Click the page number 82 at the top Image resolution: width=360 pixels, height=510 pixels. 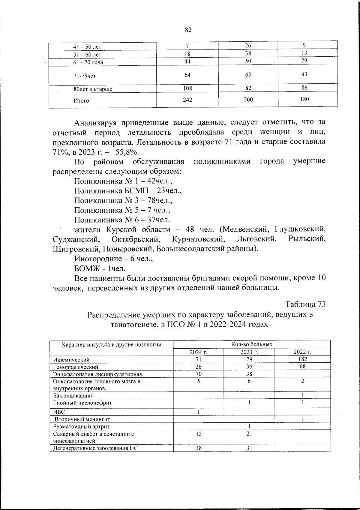coord(188,30)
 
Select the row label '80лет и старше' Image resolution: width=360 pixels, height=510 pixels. coord(93,89)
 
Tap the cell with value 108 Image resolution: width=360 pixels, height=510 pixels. coord(187,88)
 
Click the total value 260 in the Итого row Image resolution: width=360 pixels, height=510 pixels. coord(248,100)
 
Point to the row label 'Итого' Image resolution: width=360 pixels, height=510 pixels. coord(81,100)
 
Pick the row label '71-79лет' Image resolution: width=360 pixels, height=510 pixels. coord(85,76)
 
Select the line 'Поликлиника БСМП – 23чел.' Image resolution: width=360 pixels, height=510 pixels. coord(128,191)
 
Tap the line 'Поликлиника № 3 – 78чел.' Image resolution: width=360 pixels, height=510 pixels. coord(123,200)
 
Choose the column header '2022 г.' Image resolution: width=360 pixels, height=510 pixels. coord(302,352)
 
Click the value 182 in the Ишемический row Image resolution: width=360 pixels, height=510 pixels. coord(303,359)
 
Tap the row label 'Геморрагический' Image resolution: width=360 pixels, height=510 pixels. coord(75,367)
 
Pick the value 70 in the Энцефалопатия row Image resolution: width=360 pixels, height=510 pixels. coord(198,374)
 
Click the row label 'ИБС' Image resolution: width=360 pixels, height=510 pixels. coord(59,412)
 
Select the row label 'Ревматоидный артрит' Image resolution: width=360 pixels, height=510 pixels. coord(81,426)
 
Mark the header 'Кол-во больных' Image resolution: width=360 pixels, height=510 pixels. coord(252,344)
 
